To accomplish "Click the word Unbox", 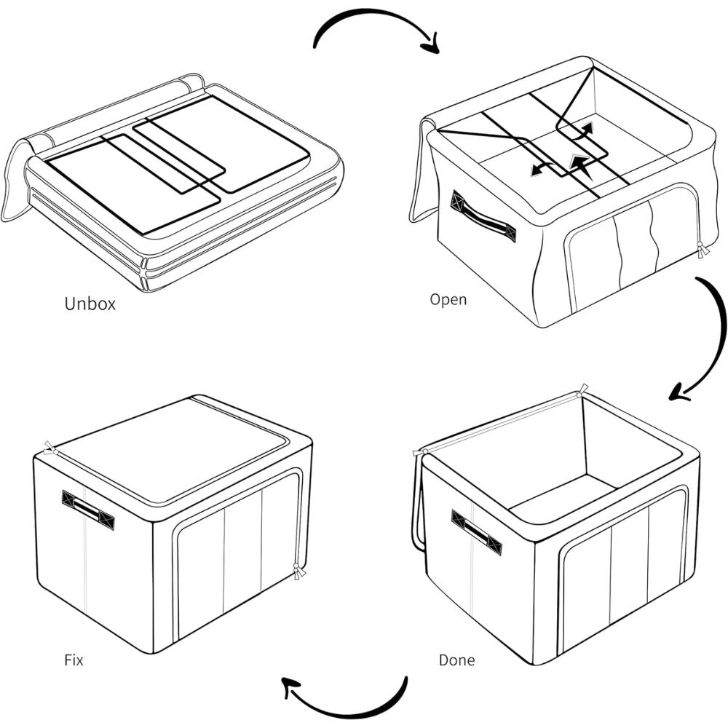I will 90,304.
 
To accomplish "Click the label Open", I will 448,299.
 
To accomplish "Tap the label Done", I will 456,660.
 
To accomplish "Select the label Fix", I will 74,661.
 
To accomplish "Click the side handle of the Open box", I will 483,217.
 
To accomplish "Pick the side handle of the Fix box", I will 88,509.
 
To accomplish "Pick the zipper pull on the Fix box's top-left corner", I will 49,448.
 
